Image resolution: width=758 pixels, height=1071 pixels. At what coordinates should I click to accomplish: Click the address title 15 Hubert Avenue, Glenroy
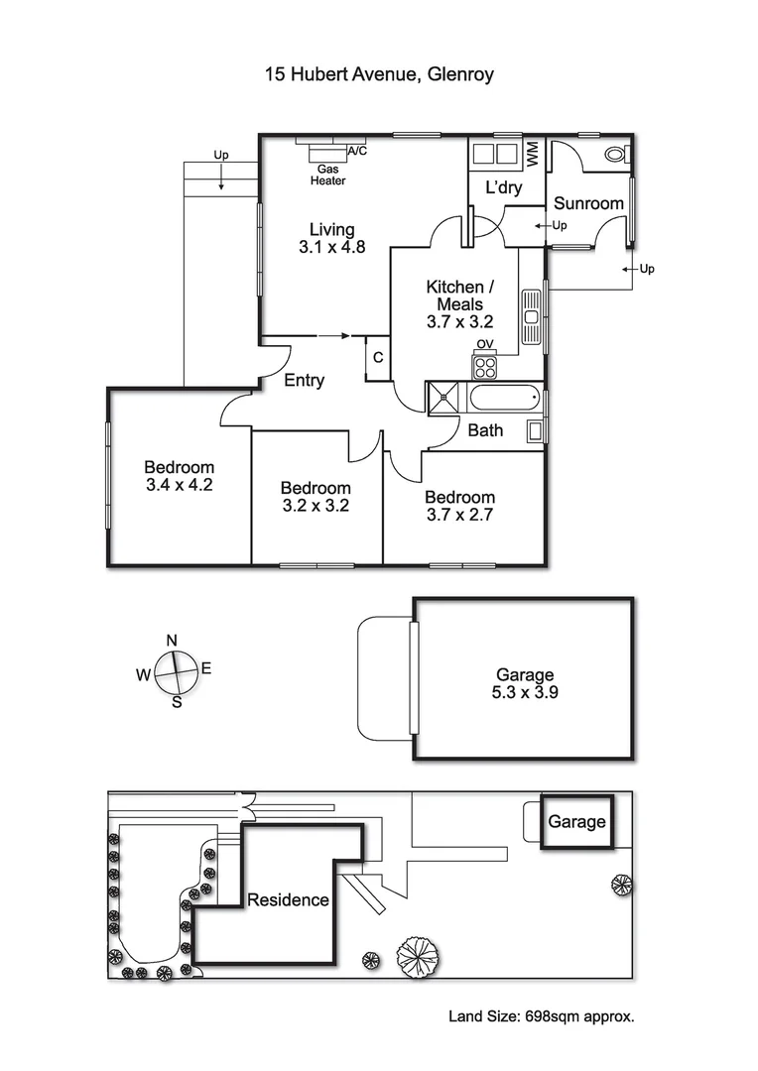378,73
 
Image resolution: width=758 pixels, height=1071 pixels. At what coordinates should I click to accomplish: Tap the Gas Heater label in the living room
328,176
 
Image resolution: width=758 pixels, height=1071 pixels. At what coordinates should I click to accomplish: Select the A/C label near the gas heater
355,151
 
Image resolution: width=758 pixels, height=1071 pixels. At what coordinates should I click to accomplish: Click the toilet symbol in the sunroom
616,154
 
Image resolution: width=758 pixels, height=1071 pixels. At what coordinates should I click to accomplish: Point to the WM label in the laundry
533,154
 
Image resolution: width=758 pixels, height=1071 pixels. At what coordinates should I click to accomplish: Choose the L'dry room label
503,188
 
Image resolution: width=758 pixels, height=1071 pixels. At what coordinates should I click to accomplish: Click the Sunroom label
588,203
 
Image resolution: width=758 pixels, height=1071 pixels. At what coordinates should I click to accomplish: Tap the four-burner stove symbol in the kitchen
485,367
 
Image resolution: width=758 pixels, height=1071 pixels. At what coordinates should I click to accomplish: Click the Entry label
304,380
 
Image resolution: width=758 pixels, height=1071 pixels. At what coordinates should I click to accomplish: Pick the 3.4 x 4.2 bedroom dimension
179,486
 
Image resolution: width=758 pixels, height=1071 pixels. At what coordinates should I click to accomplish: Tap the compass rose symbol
175,672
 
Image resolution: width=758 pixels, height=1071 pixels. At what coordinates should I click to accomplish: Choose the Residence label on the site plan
288,900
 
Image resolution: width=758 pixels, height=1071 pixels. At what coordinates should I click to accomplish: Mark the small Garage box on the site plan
576,822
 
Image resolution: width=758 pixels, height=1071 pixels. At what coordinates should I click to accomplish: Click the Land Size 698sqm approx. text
541,1015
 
